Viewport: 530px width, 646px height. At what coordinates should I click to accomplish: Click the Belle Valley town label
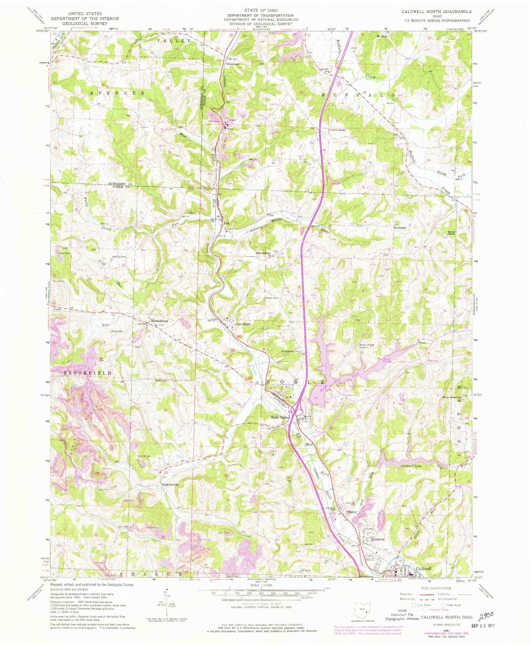pos(280,418)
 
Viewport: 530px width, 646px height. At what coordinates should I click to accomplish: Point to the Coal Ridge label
pos(243,324)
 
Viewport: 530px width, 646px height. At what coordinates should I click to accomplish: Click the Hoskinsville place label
pos(170,484)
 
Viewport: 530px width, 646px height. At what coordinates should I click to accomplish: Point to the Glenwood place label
pos(233,64)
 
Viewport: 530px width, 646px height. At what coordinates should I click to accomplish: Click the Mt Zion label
pos(381,36)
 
